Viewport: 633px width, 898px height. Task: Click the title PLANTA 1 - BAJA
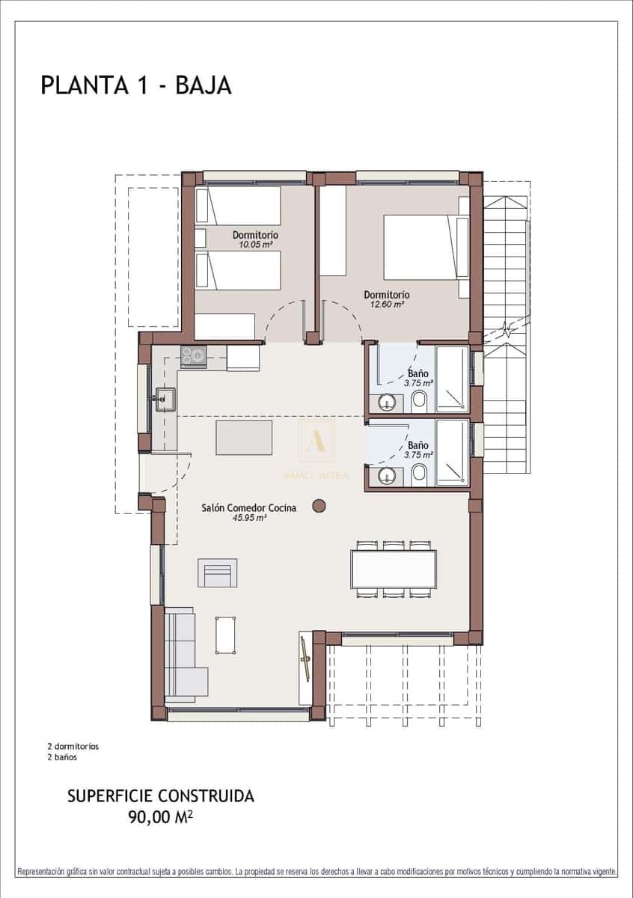point(136,85)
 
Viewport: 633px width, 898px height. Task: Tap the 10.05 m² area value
point(255,244)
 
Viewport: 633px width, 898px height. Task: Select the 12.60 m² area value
point(386,305)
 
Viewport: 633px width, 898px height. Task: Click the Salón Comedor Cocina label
point(248,507)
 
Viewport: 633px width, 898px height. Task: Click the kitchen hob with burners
point(193,356)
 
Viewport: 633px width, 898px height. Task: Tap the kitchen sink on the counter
point(165,400)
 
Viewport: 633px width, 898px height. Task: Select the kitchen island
point(244,437)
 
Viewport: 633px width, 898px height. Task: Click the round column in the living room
point(319,506)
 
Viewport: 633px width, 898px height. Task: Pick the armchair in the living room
point(217,573)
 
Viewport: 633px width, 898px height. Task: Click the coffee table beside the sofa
point(225,635)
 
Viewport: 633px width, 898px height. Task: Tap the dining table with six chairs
point(394,569)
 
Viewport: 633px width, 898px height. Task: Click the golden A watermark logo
point(316,439)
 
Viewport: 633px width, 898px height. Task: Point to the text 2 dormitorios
point(73,746)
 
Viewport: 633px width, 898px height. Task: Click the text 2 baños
point(61,757)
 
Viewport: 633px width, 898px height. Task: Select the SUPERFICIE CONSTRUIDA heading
point(160,796)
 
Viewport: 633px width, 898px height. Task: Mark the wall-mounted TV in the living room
point(305,659)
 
